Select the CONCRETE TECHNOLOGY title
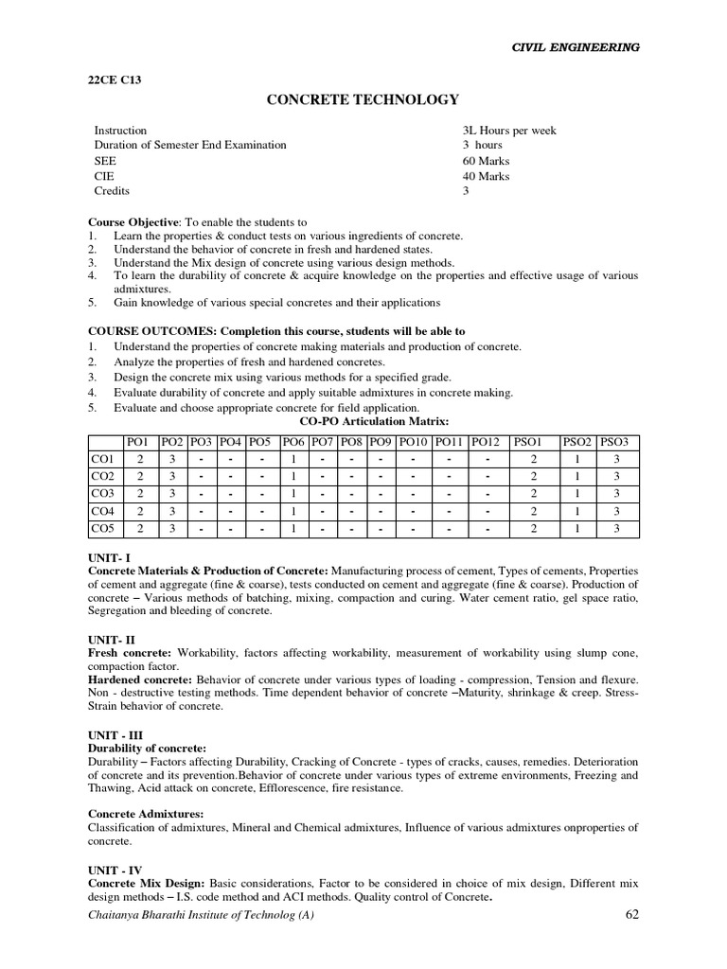tap(363, 99)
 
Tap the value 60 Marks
tap(486, 161)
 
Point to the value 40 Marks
tap(486, 176)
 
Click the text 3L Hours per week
tap(509, 131)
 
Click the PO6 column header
tap(293, 442)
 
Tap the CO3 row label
tap(101, 493)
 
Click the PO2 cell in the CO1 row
tap(172, 459)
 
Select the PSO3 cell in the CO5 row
tap(617, 528)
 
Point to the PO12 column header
tap(485, 442)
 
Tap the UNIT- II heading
tap(109, 641)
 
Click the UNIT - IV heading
tap(114, 870)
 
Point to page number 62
tap(634, 914)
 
